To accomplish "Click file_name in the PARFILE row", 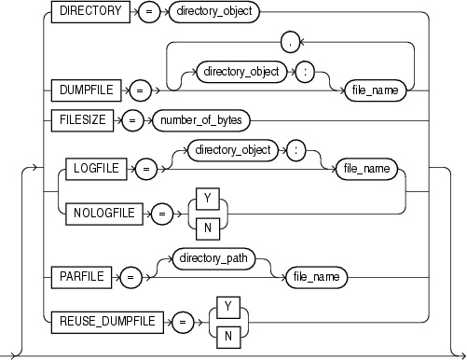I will (312, 277).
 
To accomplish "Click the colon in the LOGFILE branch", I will (294, 149).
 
